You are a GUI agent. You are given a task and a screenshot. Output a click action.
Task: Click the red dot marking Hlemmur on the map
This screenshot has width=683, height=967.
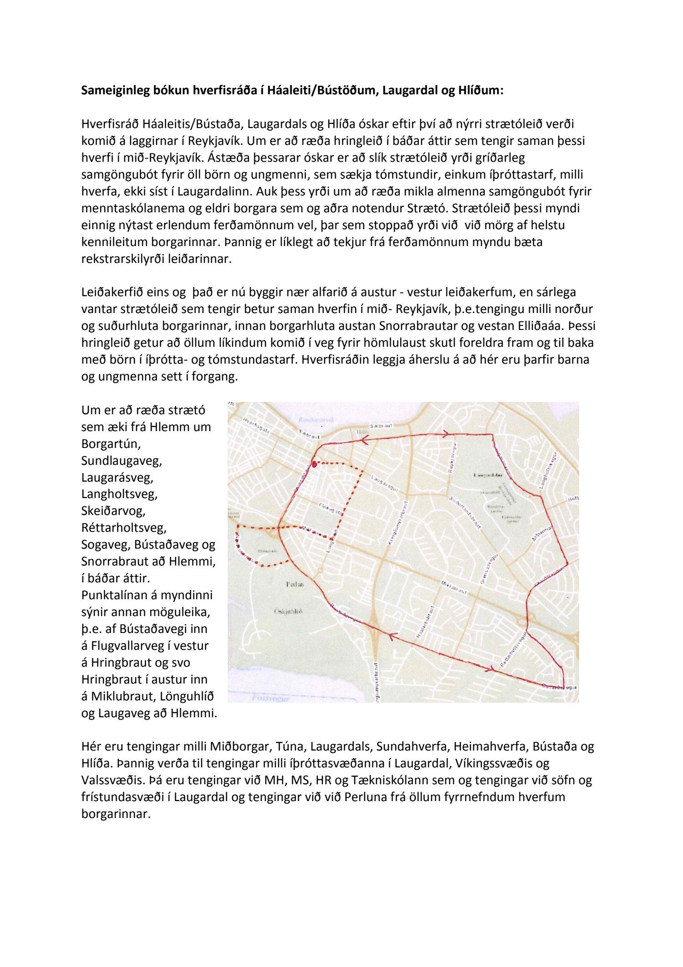pyautogui.click(x=314, y=464)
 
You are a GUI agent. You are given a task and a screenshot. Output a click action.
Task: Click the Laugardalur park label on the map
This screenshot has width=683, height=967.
pyautogui.click(x=488, y=475)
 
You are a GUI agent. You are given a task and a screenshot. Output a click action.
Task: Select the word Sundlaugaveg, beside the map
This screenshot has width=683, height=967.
pyautogui.click(x=122, y=460)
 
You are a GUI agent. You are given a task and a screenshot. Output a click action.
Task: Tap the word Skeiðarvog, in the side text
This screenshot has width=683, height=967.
pyautogui.click(x=113, y=511)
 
